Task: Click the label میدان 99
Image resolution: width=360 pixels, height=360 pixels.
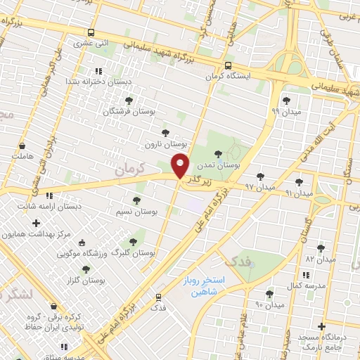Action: (x=285, y=111)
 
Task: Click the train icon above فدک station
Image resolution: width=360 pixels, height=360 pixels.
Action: (x=159, y=297)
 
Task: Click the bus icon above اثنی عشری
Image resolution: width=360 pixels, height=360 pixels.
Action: (x=91, y=32)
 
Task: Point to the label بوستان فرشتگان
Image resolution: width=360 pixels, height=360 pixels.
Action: (x=129, y=111)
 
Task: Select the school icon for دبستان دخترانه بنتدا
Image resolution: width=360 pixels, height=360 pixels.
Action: (x=98, y=71)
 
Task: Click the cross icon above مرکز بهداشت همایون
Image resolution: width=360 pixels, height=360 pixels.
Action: (x=36, y=223)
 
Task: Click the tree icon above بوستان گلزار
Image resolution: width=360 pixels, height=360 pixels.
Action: (x=86, y=269)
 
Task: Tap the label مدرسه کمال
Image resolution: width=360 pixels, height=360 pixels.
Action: (x=304, y=287)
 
